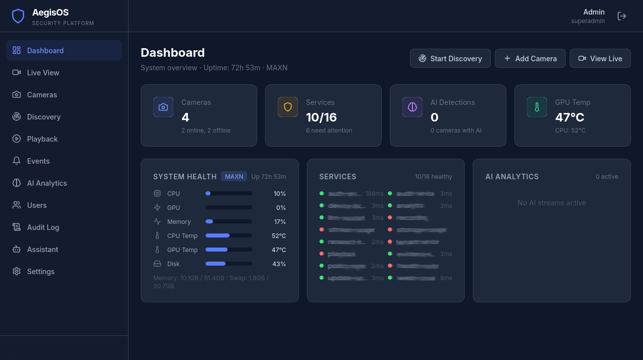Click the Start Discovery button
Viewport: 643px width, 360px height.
[x=450, y=58]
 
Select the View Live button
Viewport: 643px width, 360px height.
[x=600, y=58]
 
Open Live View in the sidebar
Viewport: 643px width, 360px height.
[x=43, y=73]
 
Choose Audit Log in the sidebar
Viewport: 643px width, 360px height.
[x=43, y=227]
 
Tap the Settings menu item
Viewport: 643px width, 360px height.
[x=41, y=272]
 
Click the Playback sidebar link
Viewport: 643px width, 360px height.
[x=42, y=139]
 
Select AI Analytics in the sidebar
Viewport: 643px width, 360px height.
[x=47, y=183]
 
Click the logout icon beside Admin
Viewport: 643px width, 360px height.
[x=622, y=16]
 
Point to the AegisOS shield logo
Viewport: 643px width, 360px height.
[x=18, y=16]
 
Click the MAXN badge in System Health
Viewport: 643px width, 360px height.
[x=234, y=176]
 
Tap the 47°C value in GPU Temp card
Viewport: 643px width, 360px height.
[x=570, y=117]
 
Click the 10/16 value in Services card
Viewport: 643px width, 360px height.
[x=321, y=117]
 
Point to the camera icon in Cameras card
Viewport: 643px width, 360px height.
[x=163, y=107]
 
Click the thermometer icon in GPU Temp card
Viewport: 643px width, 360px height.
[x=537, y=107]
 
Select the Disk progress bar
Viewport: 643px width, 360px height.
[x=229, y=264]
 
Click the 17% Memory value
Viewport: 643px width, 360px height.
[x=280, y=221]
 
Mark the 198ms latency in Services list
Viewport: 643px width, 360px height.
[x=375, y=193]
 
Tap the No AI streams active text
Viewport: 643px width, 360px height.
[x=552, y=203]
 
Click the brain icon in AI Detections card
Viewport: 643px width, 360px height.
[x=412, y=107]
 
